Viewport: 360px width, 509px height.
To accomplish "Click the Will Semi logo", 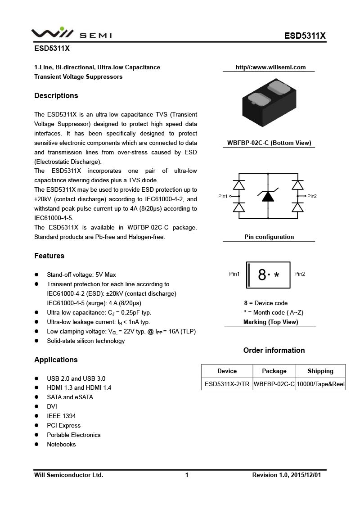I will [71, 34].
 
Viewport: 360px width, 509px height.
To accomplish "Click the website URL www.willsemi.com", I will [270, 68].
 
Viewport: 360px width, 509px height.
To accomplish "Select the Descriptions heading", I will [56, 95].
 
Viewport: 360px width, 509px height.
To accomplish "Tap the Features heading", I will [49, 256].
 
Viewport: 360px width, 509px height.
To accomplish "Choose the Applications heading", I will [56, 360].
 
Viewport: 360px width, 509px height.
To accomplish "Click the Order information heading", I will [274, 350].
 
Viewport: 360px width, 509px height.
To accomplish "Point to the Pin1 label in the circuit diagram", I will [223, 196].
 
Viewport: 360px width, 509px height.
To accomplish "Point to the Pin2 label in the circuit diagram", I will [312, 196].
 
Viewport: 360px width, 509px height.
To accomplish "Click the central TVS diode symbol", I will [268, 196].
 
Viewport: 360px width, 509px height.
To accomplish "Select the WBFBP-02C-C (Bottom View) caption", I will [269, 143].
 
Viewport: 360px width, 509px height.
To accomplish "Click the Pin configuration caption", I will [269, 237].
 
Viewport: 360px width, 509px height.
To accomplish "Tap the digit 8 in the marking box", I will [262, 275].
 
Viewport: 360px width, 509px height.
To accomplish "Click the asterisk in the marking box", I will [276, 275].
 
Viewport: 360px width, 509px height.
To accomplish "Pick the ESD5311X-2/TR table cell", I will [227, 384].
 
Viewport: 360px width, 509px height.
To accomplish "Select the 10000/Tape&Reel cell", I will [320, 384].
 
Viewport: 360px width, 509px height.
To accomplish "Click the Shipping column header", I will [320, 371].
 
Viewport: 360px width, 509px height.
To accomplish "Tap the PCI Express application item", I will [64, 425].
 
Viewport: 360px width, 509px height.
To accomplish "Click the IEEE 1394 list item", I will [61, 416].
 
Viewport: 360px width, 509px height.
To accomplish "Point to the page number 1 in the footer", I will [187, 475].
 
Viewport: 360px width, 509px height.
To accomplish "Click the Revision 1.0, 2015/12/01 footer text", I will [287, 475].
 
